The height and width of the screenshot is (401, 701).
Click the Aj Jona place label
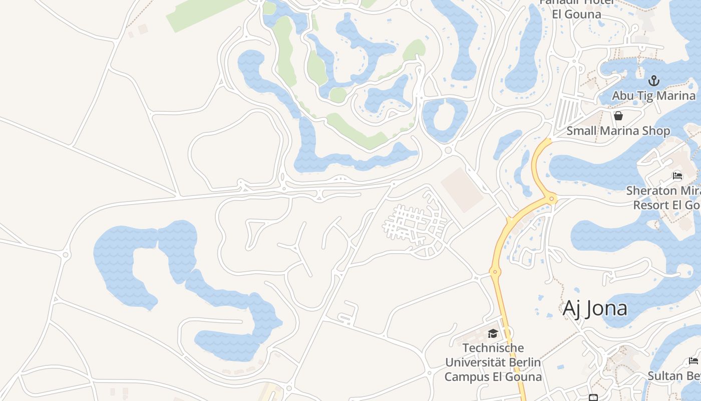(x=595, y=308)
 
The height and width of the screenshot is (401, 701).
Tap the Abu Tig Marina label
(x=654, y=96)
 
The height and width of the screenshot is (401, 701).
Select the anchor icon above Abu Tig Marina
(x=654, y=81)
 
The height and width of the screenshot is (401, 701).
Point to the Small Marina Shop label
(x=618, y=131)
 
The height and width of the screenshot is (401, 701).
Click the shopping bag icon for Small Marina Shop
(x=618, y=116)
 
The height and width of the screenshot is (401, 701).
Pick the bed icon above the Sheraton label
(x=677, y=176)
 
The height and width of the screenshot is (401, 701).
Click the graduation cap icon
(x=493, y=333)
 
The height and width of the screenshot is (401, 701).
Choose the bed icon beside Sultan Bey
(x=693, y=361)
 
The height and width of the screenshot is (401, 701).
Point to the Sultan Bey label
(x=673, y=376)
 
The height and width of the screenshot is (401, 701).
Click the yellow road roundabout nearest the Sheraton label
(x=552, y=199)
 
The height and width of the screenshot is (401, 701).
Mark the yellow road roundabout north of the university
(x=495, y=272)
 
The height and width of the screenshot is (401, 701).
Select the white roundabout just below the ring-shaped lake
(x=448, y=150)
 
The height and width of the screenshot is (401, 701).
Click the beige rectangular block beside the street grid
(x=462, y=189)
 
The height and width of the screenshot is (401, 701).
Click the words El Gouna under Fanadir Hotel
(x=576, y=14)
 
